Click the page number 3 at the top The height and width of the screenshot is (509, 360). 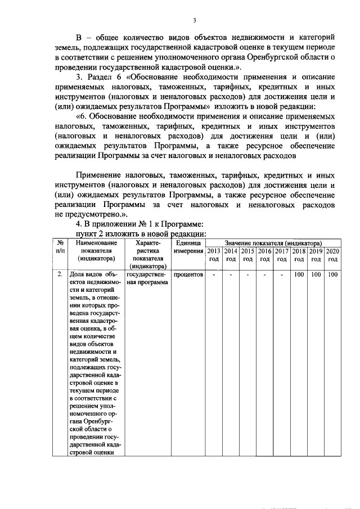194,21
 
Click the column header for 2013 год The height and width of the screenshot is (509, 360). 214,255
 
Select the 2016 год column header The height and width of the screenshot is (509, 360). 265,255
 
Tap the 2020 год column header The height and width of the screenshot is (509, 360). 333,255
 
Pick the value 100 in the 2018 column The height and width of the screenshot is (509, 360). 299,274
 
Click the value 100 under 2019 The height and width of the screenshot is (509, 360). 316,274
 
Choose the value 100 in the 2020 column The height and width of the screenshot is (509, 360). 333,274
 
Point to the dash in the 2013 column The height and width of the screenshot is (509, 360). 214,274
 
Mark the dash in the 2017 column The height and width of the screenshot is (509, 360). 282,274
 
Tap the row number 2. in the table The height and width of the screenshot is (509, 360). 60,274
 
